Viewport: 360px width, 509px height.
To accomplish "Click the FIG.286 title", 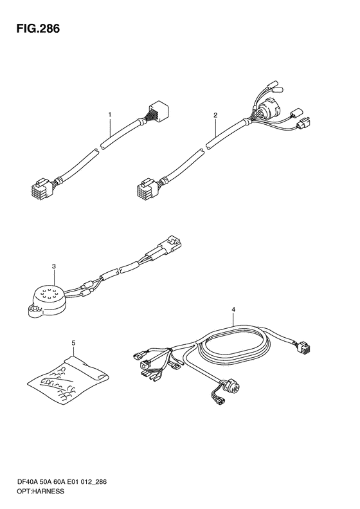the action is (39, 28).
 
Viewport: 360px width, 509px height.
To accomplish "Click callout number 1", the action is (110, 115).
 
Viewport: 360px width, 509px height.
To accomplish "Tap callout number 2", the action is (215, 115).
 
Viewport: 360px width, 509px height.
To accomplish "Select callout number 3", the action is (54, 266).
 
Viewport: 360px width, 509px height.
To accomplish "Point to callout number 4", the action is (233, 310).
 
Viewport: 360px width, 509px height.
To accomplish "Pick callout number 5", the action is (73, 343).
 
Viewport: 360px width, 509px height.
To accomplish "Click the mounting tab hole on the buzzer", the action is (33, 308).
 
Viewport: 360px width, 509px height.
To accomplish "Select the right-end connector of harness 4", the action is (303, 347).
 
